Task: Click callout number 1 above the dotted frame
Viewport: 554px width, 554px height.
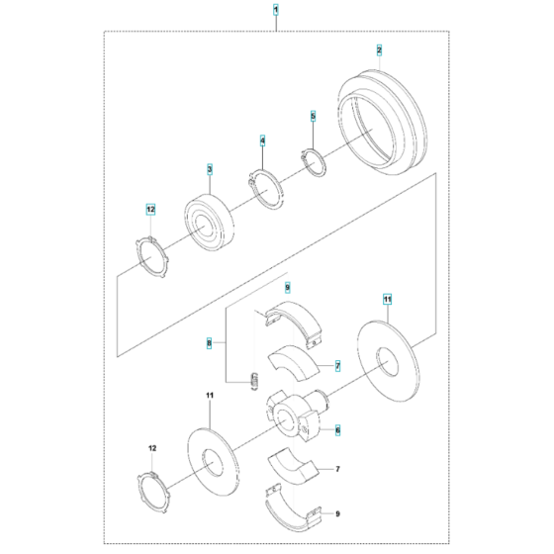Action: (276, 10)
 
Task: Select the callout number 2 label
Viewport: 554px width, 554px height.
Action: (379, 50)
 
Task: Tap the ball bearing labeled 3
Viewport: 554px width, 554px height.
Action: (209, 222)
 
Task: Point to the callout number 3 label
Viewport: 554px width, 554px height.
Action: (210, 169)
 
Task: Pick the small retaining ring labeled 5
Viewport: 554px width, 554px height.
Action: (314, 162)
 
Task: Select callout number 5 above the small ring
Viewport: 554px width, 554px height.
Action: (313, 116)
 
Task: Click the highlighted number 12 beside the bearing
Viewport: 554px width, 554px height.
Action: (150, 210)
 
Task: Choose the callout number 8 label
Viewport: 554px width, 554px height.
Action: (209, 342)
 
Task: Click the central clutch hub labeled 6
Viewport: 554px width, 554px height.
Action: (296, 415)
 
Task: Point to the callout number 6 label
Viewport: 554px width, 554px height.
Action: (337, 430)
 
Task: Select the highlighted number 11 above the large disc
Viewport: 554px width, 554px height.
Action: (388, 300)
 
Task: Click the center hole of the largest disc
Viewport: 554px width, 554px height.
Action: (387, 361)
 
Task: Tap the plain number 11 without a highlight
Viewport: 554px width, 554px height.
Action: (210, 395)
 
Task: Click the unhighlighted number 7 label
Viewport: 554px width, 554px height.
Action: (337, 469)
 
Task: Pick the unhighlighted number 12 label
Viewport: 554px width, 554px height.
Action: (152, 448)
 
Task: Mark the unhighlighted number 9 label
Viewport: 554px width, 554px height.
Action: (337, 513)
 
